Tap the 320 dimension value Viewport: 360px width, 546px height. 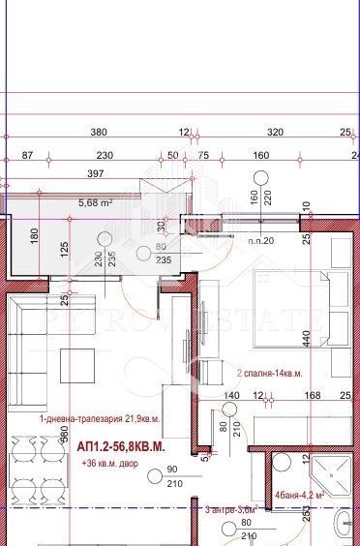point(275,133)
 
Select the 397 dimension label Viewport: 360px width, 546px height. point(94,174)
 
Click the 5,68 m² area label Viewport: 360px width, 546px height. point(95,203)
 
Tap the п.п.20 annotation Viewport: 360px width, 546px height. point(261,239)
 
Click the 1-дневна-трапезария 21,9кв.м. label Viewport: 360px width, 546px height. point(99,419)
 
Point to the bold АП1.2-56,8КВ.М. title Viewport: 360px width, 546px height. point(121,448)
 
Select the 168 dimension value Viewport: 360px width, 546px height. point(311,396)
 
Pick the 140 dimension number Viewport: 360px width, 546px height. point(231,396)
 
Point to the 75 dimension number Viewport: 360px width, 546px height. point(203,156)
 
